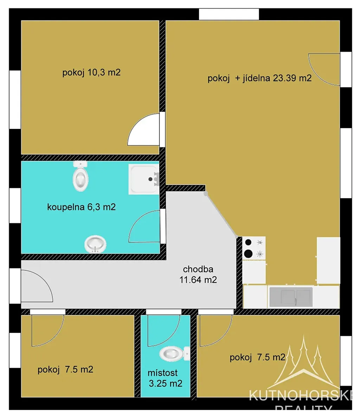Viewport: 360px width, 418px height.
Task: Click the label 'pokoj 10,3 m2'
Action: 91,72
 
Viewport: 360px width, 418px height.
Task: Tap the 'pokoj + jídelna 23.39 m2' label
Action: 259,78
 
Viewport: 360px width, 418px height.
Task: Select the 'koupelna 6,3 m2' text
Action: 82,207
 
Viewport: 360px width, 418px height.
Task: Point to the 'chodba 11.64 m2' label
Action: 198,274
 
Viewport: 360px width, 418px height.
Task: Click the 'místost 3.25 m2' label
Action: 166,378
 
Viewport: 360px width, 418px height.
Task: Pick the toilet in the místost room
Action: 174,354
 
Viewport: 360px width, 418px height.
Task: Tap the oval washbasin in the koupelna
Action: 95,244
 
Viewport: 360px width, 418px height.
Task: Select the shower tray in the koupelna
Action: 144,179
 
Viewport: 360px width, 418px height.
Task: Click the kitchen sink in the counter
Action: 291,297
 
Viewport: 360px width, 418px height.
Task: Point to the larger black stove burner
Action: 248,254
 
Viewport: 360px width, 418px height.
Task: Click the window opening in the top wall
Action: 229,14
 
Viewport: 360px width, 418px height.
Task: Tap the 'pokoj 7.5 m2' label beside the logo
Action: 258,357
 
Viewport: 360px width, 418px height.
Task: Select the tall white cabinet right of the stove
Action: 328,260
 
